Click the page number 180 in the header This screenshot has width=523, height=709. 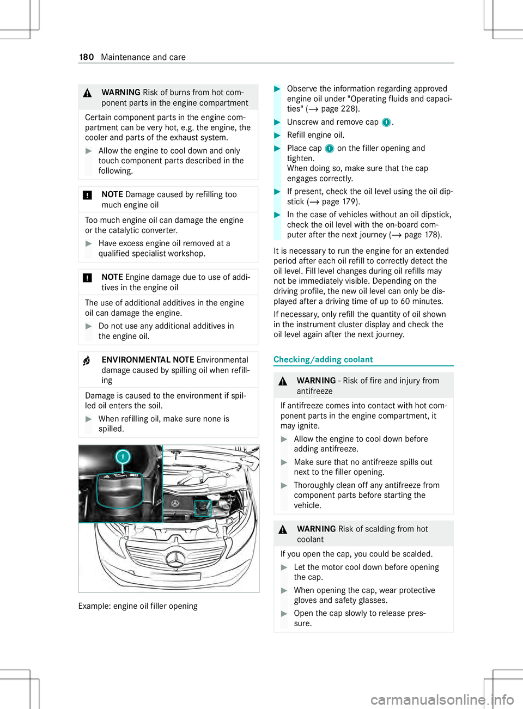click(x=87, y=57)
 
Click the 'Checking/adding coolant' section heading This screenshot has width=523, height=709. click(x=323, y=359)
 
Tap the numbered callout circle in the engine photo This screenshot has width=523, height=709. click(x=123, y=456)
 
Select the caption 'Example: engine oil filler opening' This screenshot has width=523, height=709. click(x=138, y=606)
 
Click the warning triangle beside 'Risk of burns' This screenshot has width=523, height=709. click(x=87, y=93)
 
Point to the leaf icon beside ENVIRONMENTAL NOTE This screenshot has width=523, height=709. click(x=87, y=361)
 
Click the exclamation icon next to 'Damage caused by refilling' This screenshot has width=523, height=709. click(x=87, y=195)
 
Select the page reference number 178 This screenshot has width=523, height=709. click(x=432, y=235)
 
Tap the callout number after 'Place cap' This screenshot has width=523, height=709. click(x=329, y=149)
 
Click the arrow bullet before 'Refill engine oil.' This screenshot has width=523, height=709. click(x=278, y=136)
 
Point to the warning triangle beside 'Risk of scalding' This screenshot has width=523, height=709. click(x=283, y=530)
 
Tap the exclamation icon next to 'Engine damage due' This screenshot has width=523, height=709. click(x=87, y=278)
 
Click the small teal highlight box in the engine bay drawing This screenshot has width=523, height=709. click(x=202, y=508)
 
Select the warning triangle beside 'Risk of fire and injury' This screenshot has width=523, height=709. click(x=283, y=382)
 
